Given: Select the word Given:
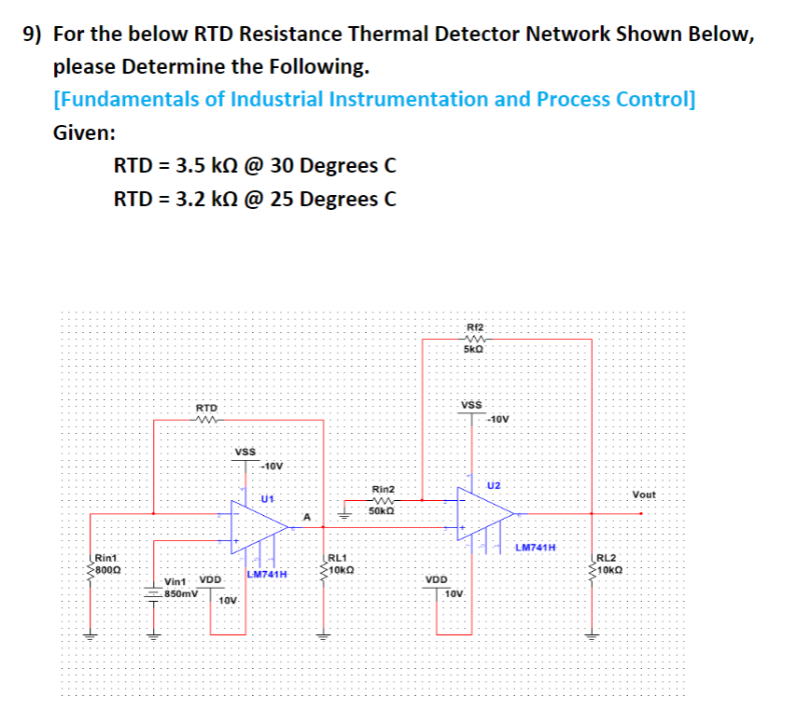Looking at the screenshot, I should click(x=84, y=132).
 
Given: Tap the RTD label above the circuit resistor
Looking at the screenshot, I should click(x=206, y=408).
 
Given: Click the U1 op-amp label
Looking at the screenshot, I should click(x=267, y=498).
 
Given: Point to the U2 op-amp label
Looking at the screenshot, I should click(x=494, y=486).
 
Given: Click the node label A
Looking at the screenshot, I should click(x=305, y=516).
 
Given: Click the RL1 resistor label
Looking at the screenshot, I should click(x=337, y=557).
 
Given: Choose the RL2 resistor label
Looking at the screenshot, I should click(x=607, y=557).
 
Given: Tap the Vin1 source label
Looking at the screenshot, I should click(x=177, y=580).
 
